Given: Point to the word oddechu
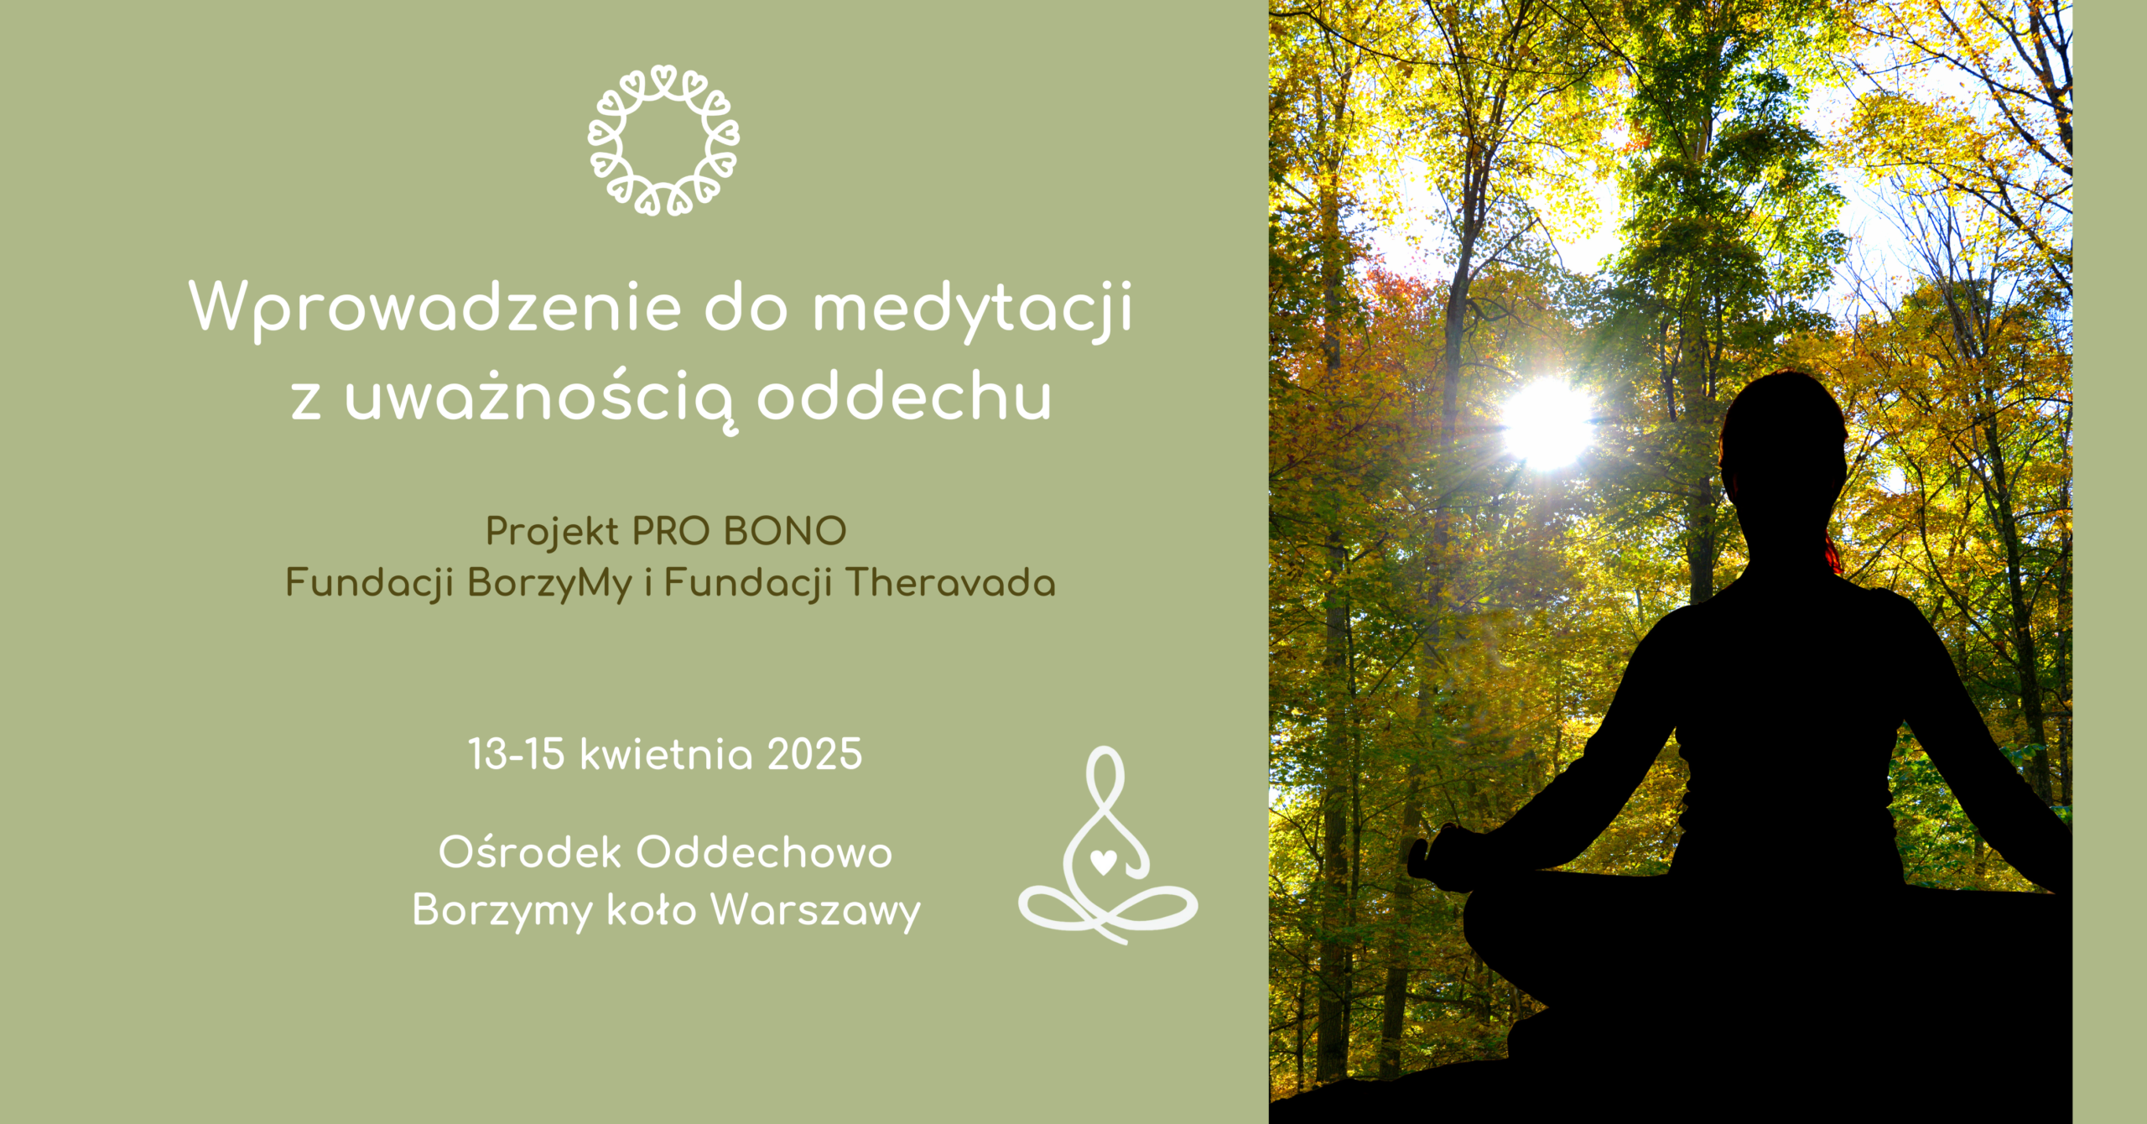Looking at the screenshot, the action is [904, 395].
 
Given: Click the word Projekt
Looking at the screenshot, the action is [552, 532].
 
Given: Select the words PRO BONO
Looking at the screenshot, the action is [739, 531].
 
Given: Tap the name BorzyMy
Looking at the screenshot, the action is [549, 583].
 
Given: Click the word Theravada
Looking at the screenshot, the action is [950, 582].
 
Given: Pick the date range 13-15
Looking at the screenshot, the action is [516, 754].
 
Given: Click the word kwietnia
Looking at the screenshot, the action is [667, 754].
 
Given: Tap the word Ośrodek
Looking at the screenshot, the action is [530, 852].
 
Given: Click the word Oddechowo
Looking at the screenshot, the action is [764, 852].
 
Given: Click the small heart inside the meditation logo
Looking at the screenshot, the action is [1103, 861].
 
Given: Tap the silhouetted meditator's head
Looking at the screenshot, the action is [1783, 445].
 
